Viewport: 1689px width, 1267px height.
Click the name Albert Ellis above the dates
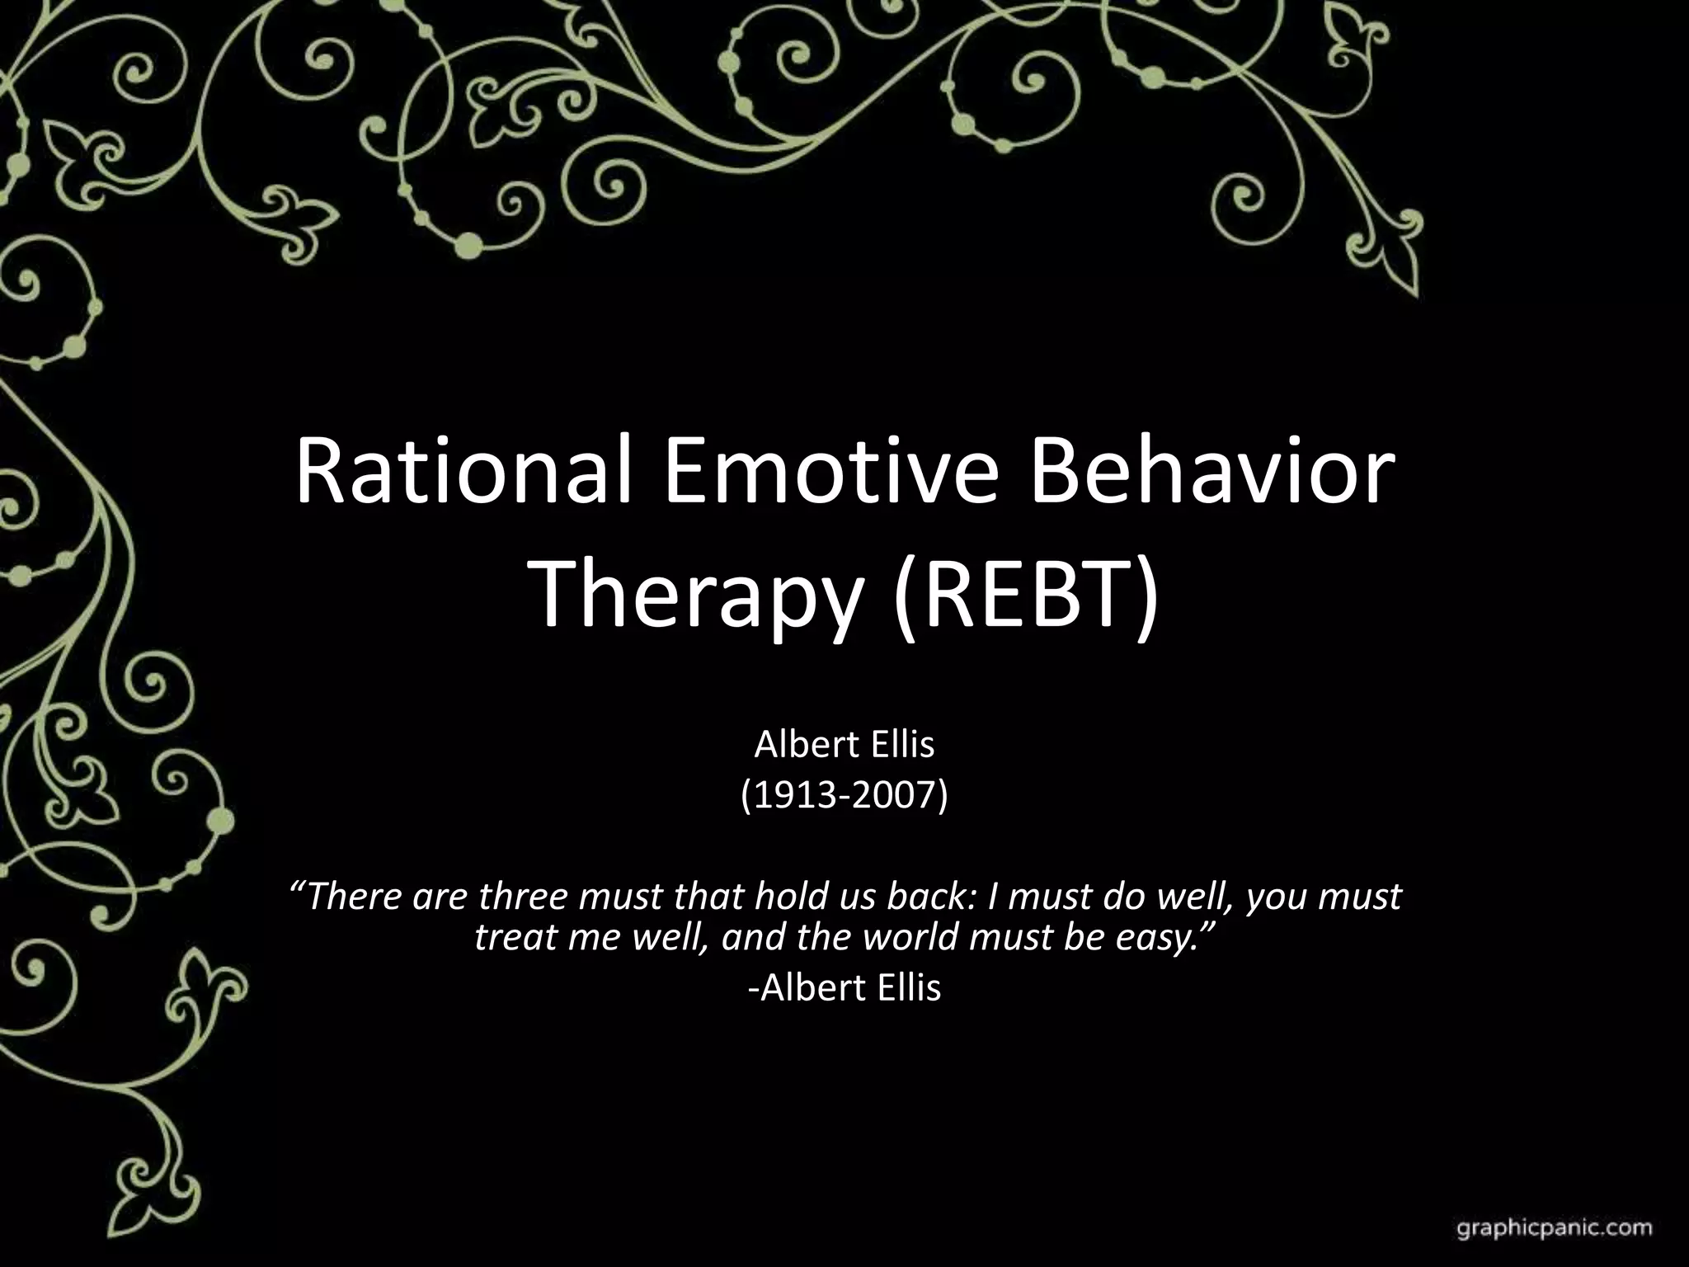(844, 745)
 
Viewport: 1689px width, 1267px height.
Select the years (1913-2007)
(844, 795)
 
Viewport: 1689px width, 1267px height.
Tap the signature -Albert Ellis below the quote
(844, 987)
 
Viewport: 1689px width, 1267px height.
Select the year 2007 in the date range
(898, 795)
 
